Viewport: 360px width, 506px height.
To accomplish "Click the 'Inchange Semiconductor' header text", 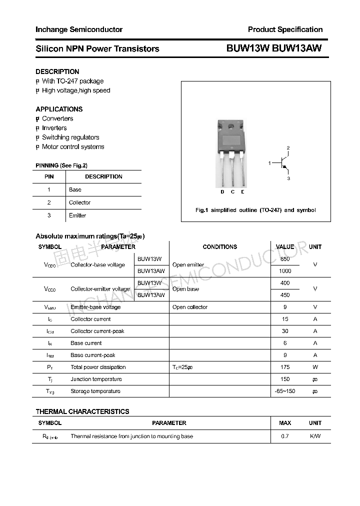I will coord(79,29).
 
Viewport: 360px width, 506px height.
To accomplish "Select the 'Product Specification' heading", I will coord(285,29).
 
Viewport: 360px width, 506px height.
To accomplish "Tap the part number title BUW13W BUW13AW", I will coord(274,48).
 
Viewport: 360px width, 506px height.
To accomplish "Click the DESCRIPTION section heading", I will coord(57,71).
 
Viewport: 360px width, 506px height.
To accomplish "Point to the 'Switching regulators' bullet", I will coord(70,137).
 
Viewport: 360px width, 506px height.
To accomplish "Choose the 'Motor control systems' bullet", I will coord(73,147).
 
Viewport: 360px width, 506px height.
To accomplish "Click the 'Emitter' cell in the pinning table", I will coord(77,215).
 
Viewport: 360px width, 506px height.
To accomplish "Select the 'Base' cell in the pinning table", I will coord(75,189).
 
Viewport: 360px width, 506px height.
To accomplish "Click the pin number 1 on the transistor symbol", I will coord(269,163).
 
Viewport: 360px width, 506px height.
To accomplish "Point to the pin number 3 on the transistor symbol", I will coord(288,178).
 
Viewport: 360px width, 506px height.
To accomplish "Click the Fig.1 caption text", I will coord(255,210).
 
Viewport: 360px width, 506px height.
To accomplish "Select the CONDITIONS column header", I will coord(219,247).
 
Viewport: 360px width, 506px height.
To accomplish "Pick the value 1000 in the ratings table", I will coord(285,271).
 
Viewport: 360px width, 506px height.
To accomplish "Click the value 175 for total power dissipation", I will coord(285,367).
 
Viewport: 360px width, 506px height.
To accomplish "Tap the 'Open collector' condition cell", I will coord(189,307).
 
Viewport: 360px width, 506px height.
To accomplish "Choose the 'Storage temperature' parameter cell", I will coord(95,391).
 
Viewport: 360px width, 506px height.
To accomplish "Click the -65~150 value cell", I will coord(285,391).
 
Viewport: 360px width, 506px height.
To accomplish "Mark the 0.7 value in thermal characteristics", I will coord(285,436).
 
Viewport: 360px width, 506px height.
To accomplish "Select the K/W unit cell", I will coord(315,436).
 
